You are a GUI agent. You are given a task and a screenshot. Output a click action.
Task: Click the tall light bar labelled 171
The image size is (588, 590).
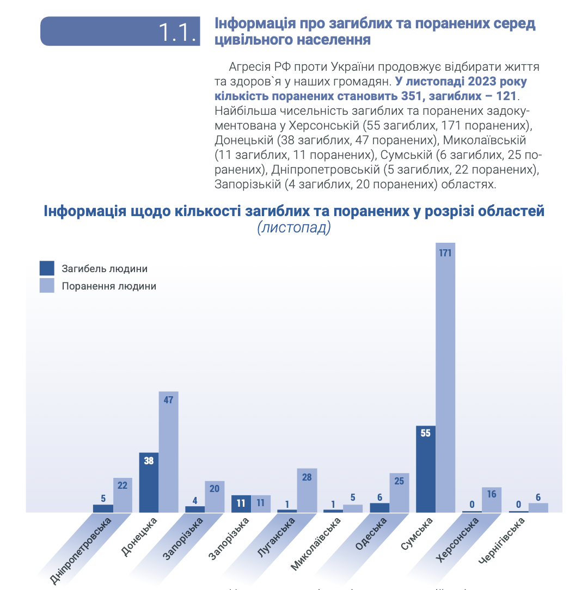tap(445, 381)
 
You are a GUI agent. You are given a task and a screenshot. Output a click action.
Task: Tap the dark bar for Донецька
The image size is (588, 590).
tap(149, 482)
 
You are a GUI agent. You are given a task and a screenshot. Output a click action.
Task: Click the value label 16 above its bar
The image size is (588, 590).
tap(492, 495)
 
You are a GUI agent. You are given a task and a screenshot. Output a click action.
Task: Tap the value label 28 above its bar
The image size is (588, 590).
tap(307, 477)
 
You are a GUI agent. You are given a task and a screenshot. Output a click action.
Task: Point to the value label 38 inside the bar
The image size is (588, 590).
tap(149, 460)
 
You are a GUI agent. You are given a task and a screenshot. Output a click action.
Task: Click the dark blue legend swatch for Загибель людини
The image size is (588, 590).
tap(47, 268)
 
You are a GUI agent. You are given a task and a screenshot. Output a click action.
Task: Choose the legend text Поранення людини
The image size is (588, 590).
tap(109, 286)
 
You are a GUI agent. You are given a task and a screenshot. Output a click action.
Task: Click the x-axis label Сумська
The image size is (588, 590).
tap(417, 536)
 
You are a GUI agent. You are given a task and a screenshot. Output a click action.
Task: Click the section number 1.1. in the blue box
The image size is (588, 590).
tap(177, 32)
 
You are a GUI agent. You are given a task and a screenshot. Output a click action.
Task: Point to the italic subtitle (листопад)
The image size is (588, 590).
tap(294, 228)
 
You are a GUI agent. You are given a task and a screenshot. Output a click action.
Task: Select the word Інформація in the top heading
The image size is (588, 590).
tap(248, 24)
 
